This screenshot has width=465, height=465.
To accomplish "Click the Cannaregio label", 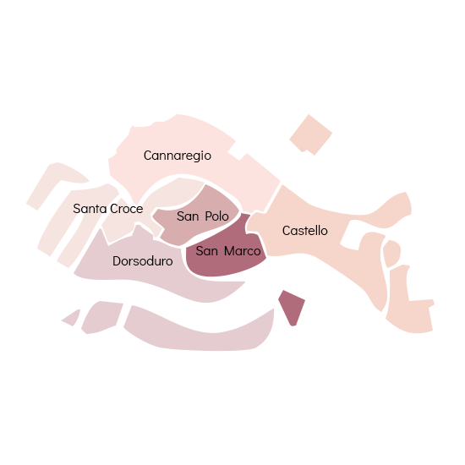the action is click(178, 156).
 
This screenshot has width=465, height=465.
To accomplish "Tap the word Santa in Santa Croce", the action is click(90, 209).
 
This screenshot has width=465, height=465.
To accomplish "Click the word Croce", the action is click(127, 209).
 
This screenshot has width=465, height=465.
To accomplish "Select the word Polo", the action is click(216, 216).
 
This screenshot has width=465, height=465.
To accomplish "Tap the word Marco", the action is click(243, 251).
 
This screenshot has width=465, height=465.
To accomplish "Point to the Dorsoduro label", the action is click(143, 261).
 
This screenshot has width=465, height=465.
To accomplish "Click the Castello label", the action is click(305, 231).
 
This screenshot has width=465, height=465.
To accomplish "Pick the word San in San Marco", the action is click(207, 251).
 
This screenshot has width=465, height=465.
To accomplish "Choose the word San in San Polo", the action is click(188, 216).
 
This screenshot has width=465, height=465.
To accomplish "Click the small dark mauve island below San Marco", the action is click(292, 307).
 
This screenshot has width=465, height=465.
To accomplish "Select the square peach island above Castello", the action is click(310, 135).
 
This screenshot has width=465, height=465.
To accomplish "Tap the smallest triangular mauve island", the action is click(73, 318).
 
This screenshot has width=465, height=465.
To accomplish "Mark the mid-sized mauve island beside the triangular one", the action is click(101, 317).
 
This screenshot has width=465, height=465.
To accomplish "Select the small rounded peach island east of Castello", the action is click(391, 254).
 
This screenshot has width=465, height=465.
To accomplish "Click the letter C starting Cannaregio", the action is click(147, 156).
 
